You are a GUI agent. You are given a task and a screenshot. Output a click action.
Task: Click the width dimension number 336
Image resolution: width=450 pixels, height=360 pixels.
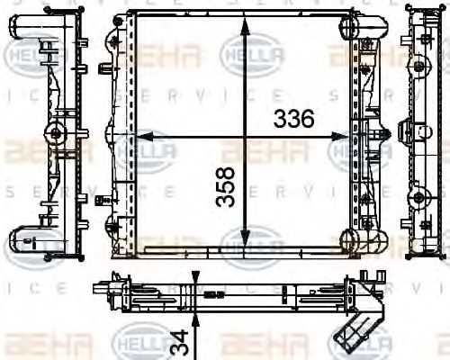[x=293, y=117]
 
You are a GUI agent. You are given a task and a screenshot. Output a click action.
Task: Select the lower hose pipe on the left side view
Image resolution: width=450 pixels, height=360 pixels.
[x=24, y=239]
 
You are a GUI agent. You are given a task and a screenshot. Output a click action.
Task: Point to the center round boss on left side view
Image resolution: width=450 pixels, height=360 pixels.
[x=56, y=135]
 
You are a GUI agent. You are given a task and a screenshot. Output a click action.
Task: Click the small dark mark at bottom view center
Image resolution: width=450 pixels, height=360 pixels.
[x=213, y=294]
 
